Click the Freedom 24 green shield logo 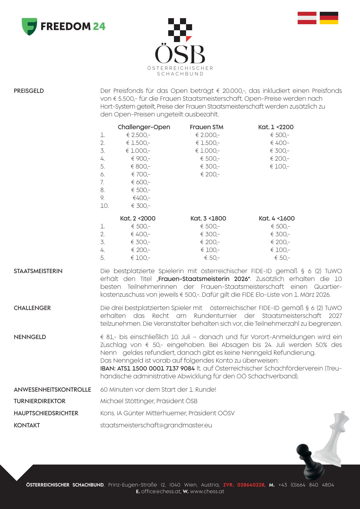pos(29,26)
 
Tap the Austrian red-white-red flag pos(307,18)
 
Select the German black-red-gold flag pos(329,18)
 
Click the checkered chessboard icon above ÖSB pos(180,30)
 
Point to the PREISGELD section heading pos(29,91)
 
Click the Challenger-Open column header pos(144,127)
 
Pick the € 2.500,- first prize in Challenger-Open pos(138,135)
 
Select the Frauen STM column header pos(207,127)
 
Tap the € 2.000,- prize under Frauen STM pos(208,135)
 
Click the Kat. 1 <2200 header pos(276,127)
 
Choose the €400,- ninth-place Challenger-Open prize pos(141,198)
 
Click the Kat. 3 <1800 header pos(208,218)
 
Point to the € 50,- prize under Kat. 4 pos(282,258)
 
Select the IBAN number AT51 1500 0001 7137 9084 pos(147,368)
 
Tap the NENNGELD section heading pos(30,337)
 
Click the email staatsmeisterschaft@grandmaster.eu pos(156,425)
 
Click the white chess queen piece pos(333,436)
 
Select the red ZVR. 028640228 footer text pos(244,485)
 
